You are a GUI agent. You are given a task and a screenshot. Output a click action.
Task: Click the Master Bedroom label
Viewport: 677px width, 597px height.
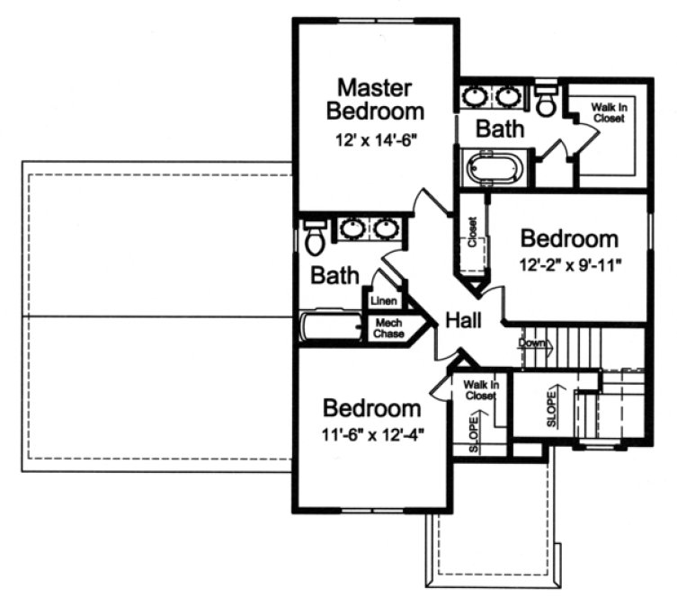pyautogui.click(x=375, y=100)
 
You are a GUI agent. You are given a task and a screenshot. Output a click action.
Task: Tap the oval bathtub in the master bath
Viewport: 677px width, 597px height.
pyautogui.click(x=494, y=168)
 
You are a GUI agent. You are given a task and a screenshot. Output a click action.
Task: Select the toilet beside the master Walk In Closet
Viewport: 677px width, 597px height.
pyautogui.click(x=545, y=101)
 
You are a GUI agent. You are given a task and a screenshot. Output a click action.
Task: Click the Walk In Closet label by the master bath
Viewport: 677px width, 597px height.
pyautogui.click(x=608, y=111)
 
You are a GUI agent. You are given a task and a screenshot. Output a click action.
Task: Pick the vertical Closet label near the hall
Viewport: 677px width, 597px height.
pyautogui.click(x=472, y=232)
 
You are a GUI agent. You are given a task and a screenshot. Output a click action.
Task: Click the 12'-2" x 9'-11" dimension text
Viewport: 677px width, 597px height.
pyautogui.click(x=570, y=266)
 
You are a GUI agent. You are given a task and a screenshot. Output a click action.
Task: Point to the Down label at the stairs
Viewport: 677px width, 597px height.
pyautogui.click(x=531, y=343)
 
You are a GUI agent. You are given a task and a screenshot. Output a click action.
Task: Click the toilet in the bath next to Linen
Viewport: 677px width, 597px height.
pyautogui.click(x=315, y=239)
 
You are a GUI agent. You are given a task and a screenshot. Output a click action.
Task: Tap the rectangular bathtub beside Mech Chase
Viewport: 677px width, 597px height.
pyautogui.click(x=329, y=326)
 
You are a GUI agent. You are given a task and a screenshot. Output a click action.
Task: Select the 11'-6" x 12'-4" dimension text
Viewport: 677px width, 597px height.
pyautogui.click(x=371, y=434)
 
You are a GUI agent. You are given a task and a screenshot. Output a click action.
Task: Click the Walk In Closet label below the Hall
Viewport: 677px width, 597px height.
pyautogui.click(x=481, y=389)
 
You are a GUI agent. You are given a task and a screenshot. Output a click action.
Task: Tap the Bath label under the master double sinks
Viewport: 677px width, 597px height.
pyautogui.click(x=500, y=129)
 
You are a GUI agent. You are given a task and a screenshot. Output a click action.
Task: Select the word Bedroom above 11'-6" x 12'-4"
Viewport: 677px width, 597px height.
pyautogui.click(x=371, y=409)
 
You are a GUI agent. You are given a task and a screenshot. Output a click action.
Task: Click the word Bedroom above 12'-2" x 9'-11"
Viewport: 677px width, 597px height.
pyautogui.click(x=570, y=239)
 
